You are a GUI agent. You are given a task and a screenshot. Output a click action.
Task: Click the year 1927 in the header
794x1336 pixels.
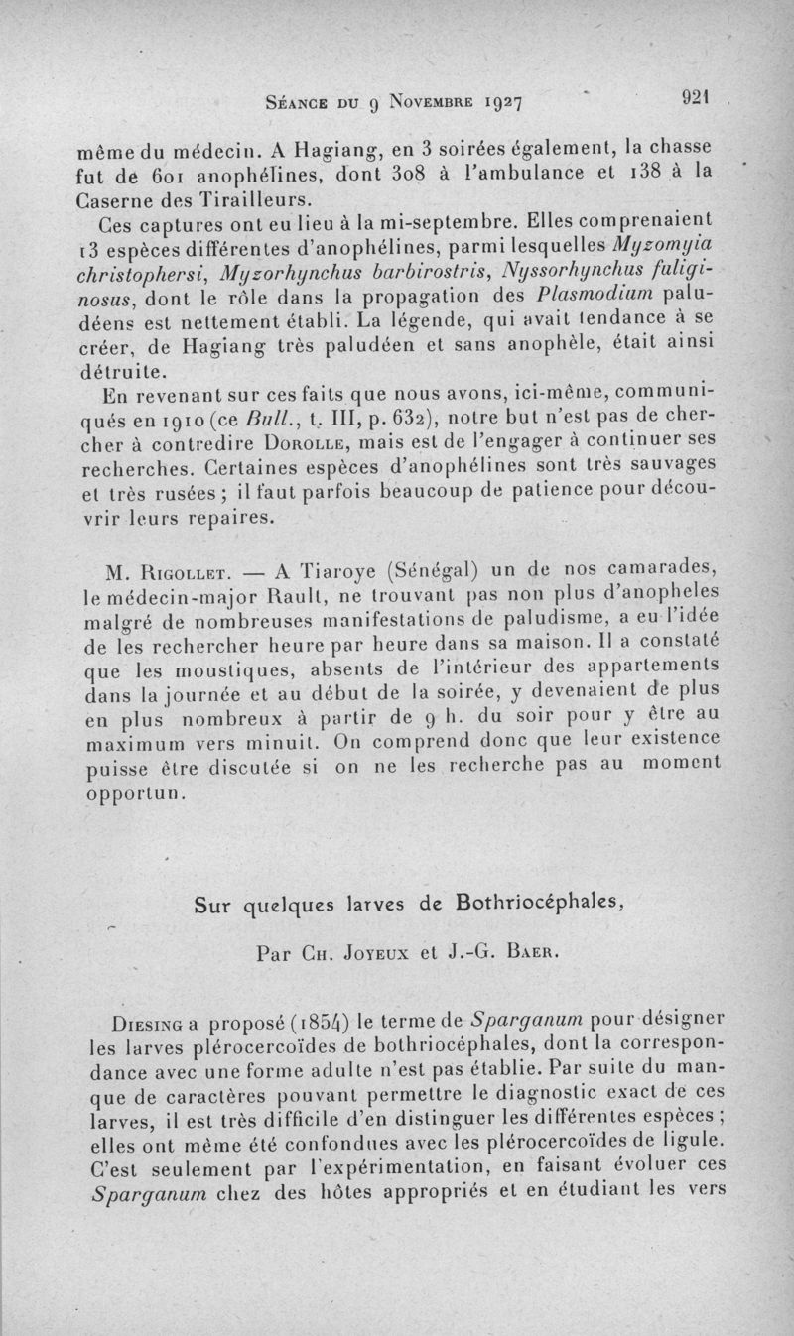click(x=499, y=100)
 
